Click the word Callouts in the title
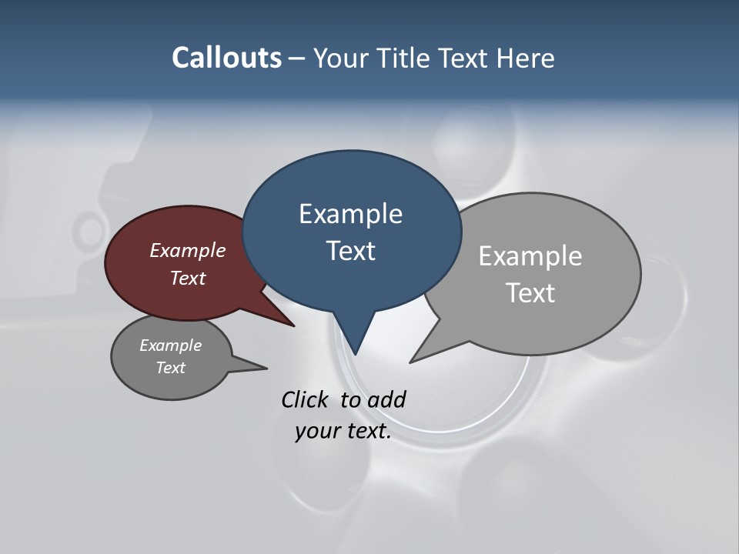[x=226, y=58]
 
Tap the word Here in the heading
[x=527, y=58]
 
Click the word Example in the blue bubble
[x=350, y=214]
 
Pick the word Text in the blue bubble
[x=350, y=251]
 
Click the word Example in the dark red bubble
[x=187, y=250]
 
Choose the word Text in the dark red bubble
[x=187, y=278]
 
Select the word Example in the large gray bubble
[x=530, y=256]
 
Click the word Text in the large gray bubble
[x=530, y=293]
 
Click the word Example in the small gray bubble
[x=170, y=345]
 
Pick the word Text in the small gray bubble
[x=170, y=368]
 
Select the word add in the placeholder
[x=386, y=399]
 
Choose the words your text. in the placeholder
[x=343, y=431]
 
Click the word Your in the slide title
[x=340, y=58]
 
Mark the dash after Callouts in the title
[x=296, y=58]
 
